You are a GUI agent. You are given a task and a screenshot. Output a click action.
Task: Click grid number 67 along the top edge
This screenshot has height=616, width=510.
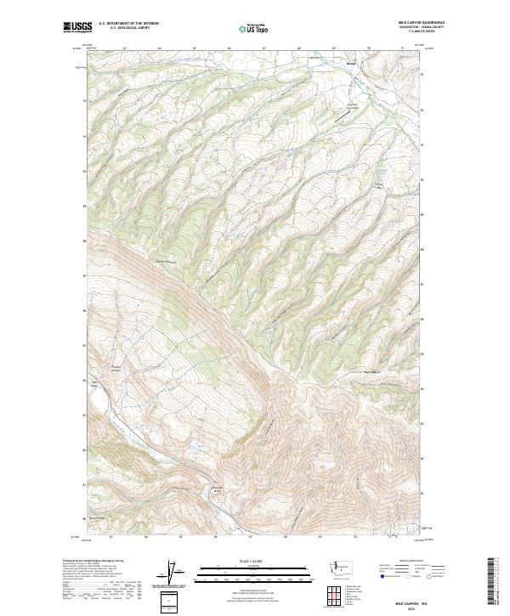coord(263,49)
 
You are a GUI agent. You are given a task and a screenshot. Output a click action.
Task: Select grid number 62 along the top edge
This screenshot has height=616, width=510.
coord(124,49)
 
